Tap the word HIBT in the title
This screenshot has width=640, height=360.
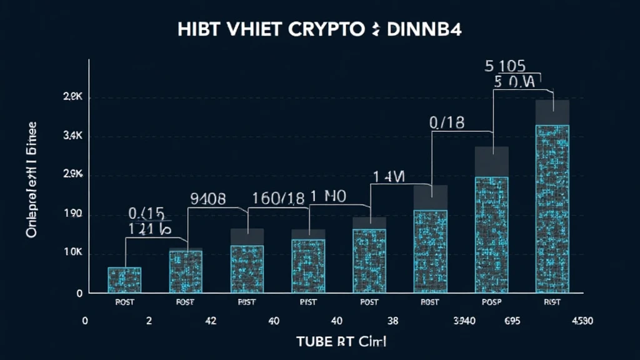[197, 31]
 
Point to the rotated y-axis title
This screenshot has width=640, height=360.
[31, 180]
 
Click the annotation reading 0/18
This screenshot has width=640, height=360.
[447, 123]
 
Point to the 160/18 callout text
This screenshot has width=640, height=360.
[278, 199]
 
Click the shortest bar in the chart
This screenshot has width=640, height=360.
[124, 280]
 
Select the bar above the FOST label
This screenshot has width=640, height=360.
[186, 271]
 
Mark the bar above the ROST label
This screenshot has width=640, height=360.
[431, 250]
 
